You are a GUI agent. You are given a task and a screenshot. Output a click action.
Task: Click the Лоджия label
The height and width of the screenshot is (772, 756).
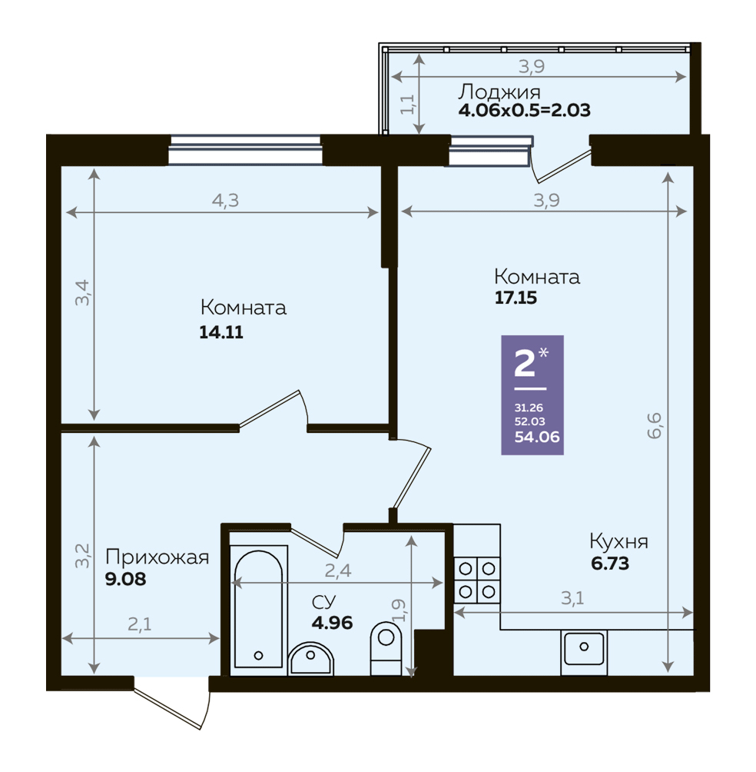(499, 92)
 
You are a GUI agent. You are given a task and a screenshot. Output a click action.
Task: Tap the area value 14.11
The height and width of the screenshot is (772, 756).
(221, 332)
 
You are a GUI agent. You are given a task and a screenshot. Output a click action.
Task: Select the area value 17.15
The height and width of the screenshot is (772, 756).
(516, 298)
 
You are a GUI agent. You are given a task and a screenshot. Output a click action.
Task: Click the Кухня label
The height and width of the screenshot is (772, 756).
(618, 541)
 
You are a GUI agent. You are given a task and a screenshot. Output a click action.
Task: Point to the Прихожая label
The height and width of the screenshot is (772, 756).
(157, 557)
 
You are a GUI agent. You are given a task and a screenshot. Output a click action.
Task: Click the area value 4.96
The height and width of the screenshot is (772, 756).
(332, 623)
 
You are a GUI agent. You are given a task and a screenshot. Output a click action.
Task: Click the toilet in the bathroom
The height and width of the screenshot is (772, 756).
(386, 648)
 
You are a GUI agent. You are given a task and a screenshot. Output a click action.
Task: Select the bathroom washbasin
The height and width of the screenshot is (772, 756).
(311, 658)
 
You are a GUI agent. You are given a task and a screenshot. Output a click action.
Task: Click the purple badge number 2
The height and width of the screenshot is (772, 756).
(525, 364)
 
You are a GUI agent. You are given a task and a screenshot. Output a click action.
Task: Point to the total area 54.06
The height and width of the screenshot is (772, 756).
(537, 437)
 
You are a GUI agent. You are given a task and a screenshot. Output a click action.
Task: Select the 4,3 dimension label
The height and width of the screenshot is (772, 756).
(225, 201)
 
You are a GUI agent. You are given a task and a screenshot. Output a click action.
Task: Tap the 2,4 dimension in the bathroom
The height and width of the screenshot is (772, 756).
(338, 571)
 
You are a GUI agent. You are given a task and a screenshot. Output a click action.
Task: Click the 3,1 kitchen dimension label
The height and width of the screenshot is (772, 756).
(572, 598)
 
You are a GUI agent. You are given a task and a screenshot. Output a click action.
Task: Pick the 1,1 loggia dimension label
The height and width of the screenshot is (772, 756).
(408, 104)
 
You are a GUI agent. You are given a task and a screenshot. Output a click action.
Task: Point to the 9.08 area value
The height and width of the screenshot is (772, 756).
(126, 579)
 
